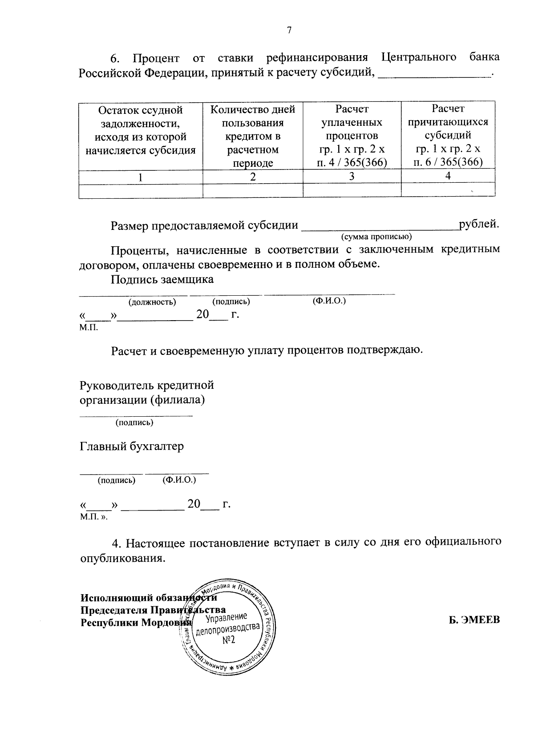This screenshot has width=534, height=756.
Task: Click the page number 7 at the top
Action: point(289,30)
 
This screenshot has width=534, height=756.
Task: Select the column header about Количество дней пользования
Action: point(253,136)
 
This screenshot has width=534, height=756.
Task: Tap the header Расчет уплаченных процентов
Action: point(352,136)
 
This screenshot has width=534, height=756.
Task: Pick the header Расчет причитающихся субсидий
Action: point(448,135)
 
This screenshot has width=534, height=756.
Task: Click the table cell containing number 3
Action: point(352,177)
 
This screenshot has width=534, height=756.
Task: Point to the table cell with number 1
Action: point(141,177)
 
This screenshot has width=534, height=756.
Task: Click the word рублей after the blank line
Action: point(478,224)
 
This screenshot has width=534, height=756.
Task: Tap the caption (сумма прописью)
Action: point(376,236)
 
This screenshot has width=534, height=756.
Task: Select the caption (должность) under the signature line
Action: point(152,302)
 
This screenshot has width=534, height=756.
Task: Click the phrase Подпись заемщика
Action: point(162,279)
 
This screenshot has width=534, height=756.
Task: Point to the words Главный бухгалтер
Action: point(132,446)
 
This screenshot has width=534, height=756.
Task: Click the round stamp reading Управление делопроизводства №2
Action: point(228,627)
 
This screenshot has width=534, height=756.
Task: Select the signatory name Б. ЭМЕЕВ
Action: point(474,619)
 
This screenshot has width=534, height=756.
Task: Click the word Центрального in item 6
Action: point(419,57)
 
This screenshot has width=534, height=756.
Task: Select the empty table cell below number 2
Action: point(253,190)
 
